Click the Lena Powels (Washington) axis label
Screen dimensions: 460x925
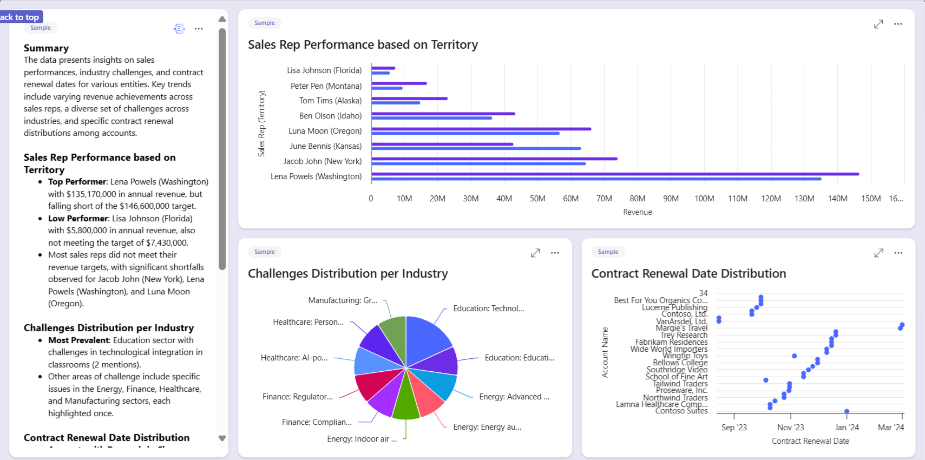(316, 176)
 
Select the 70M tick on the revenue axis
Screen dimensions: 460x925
(604, 199)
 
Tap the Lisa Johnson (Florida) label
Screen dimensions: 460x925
(324, 70)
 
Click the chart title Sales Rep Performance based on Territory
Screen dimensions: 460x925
(363, 44)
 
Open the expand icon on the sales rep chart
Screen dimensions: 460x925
(878, 24)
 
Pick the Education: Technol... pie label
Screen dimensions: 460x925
(488, 308)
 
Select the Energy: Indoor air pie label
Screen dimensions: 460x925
(362, 439)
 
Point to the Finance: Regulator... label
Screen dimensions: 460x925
(297, 397)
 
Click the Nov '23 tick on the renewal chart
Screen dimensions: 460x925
(790, 428)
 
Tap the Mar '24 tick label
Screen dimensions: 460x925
(890, 428)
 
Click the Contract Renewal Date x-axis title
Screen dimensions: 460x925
(810, 441)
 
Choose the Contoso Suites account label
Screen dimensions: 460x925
(681, 411)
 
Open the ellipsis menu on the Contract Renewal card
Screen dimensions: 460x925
(898, 253)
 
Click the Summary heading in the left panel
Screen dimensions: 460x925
(46, 48)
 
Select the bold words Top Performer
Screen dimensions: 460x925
(77, 182)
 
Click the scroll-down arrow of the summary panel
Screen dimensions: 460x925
(222, 438)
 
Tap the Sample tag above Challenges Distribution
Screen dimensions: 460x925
(265, 252)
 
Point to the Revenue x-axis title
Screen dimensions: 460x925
(637, 212)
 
